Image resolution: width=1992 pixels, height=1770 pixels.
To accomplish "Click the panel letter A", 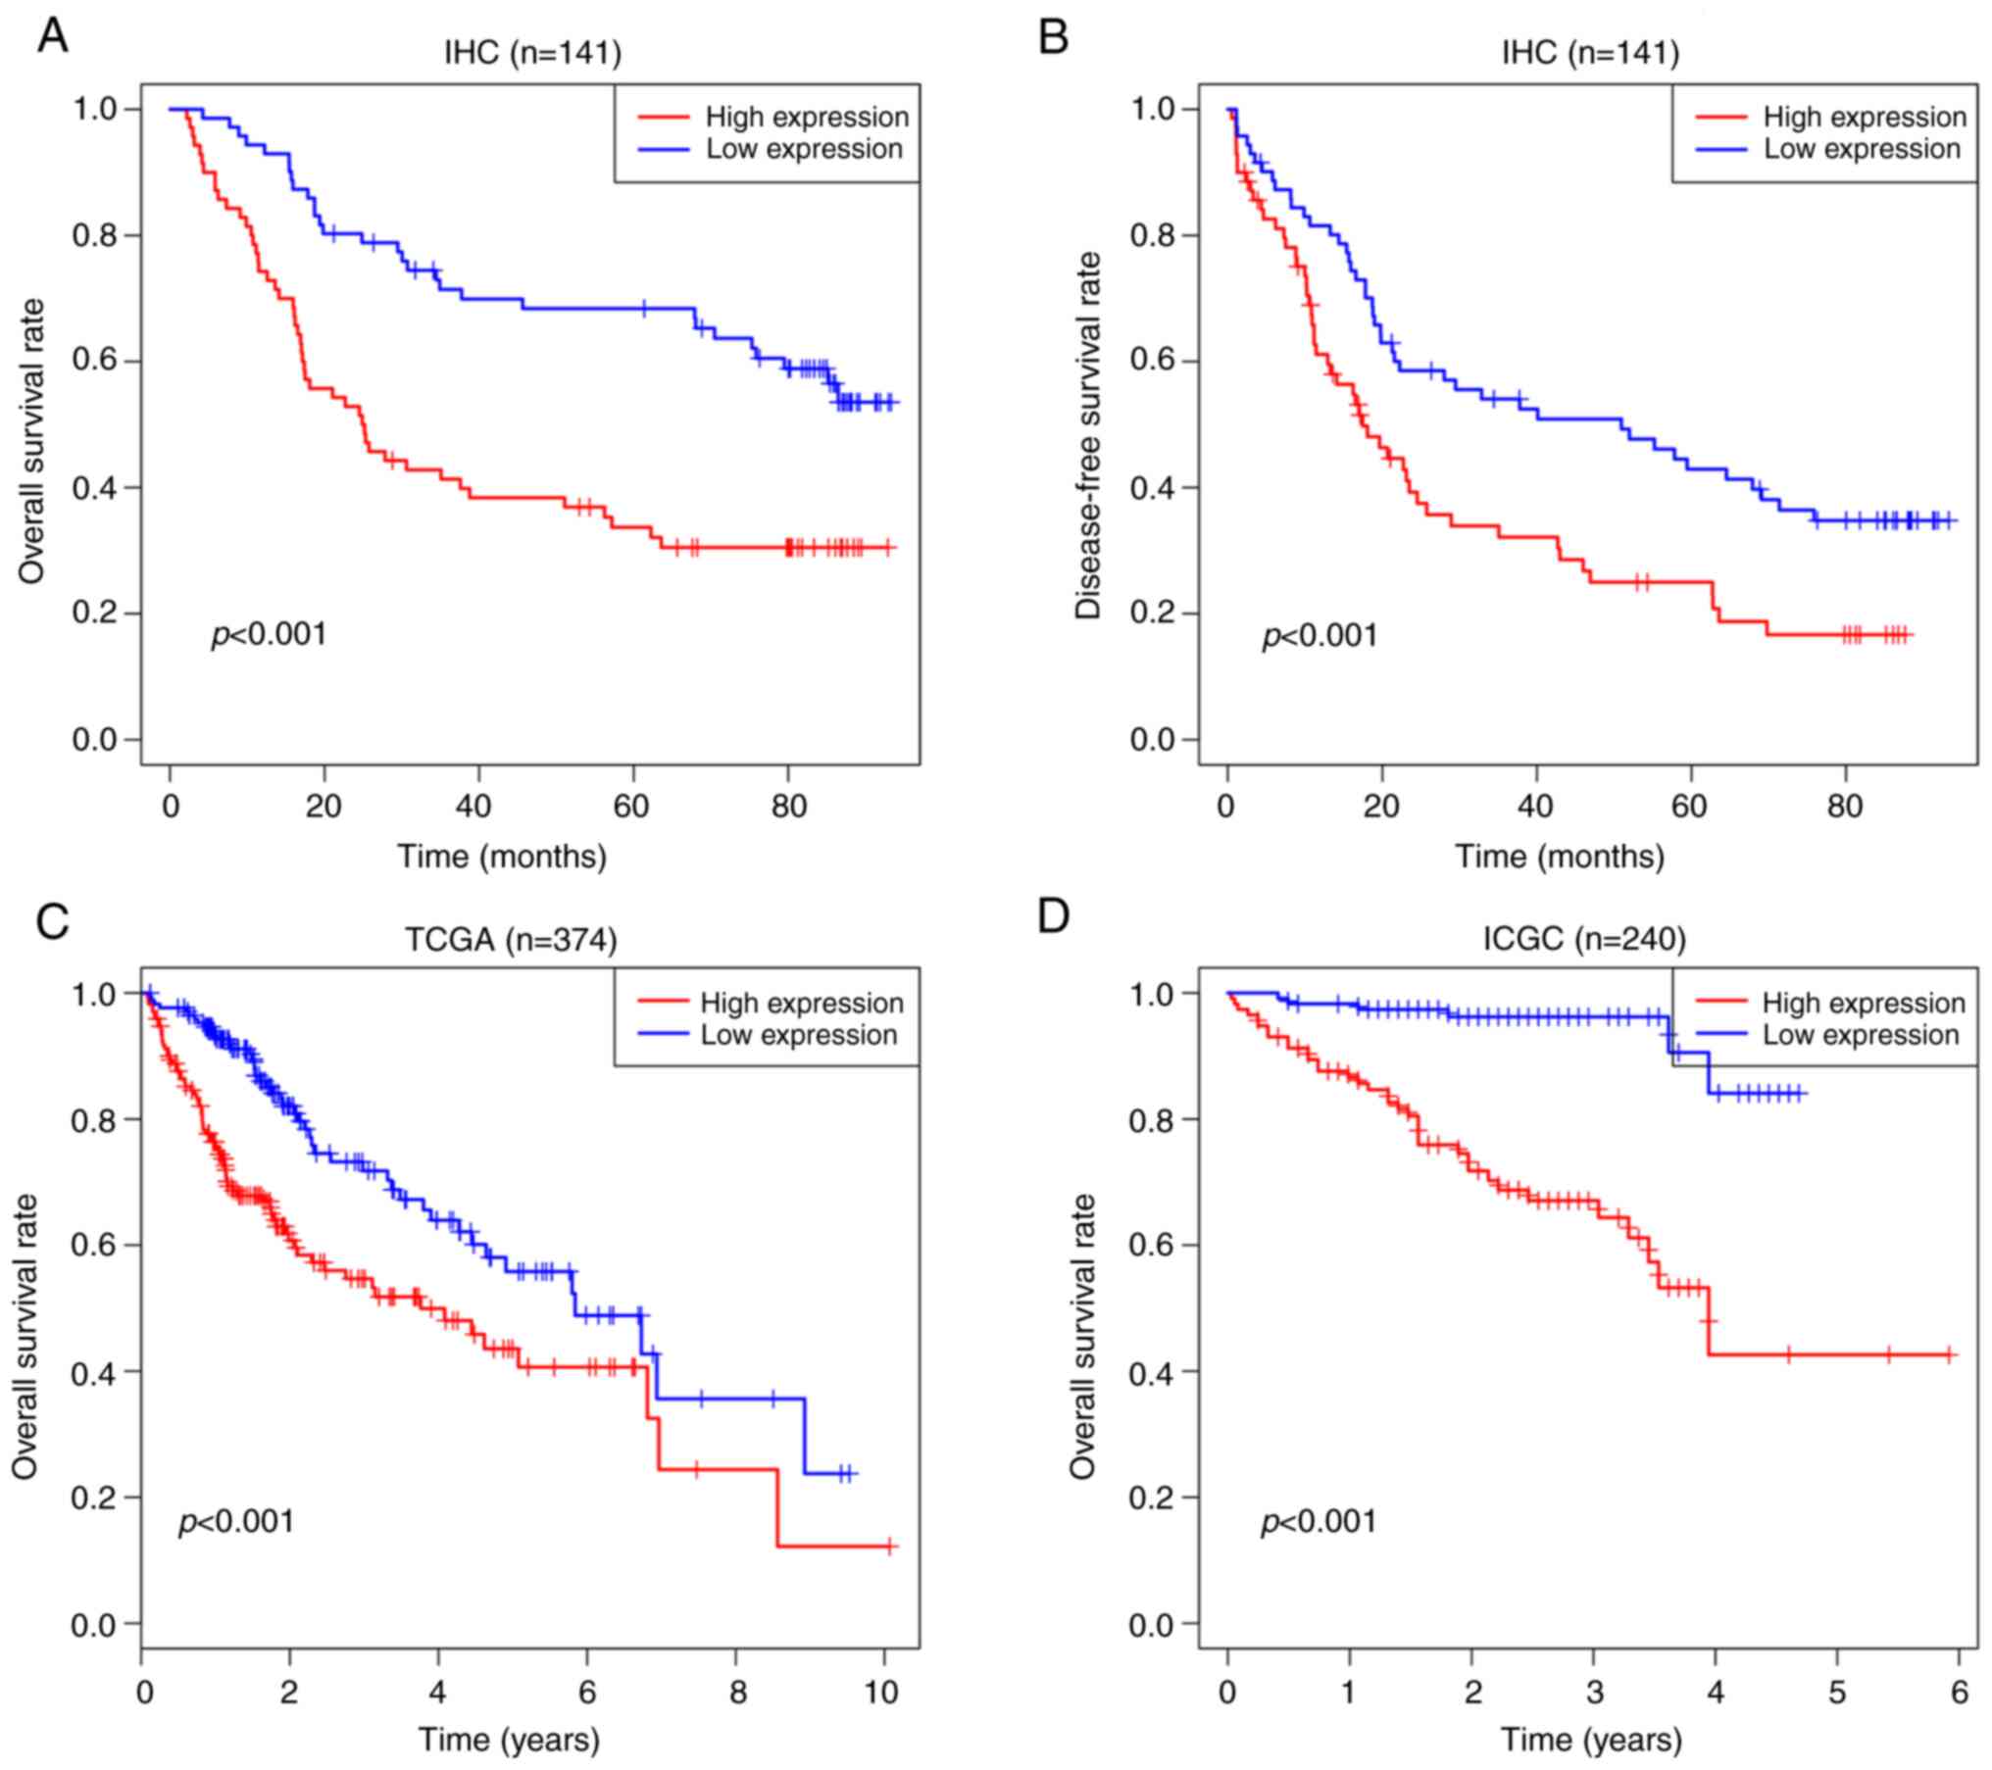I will tap(53, 37).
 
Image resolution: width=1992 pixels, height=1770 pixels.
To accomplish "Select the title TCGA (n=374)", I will tap(511, 940).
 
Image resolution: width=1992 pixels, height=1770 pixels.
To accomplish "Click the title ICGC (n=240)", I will tap(1584, 940).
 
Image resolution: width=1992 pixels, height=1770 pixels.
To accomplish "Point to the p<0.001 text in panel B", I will tap(1320, 636).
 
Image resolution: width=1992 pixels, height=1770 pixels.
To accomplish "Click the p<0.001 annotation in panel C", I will tap(236, 1521).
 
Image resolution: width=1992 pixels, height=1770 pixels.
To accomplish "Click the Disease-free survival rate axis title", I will tap(1088, 436).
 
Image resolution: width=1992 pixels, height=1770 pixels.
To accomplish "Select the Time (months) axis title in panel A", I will tap(502, 857).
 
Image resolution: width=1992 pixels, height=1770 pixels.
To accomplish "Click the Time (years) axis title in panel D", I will tap(1591, 1740).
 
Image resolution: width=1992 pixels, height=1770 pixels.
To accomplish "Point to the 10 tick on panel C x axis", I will tap(882, 1693).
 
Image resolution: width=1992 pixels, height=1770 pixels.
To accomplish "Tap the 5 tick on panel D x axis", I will tap(1837, 1693).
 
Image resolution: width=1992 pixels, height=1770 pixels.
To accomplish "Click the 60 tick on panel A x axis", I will tap(632, 807).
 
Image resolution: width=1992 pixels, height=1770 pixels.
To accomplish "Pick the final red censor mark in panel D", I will tap(1950, 1354).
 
